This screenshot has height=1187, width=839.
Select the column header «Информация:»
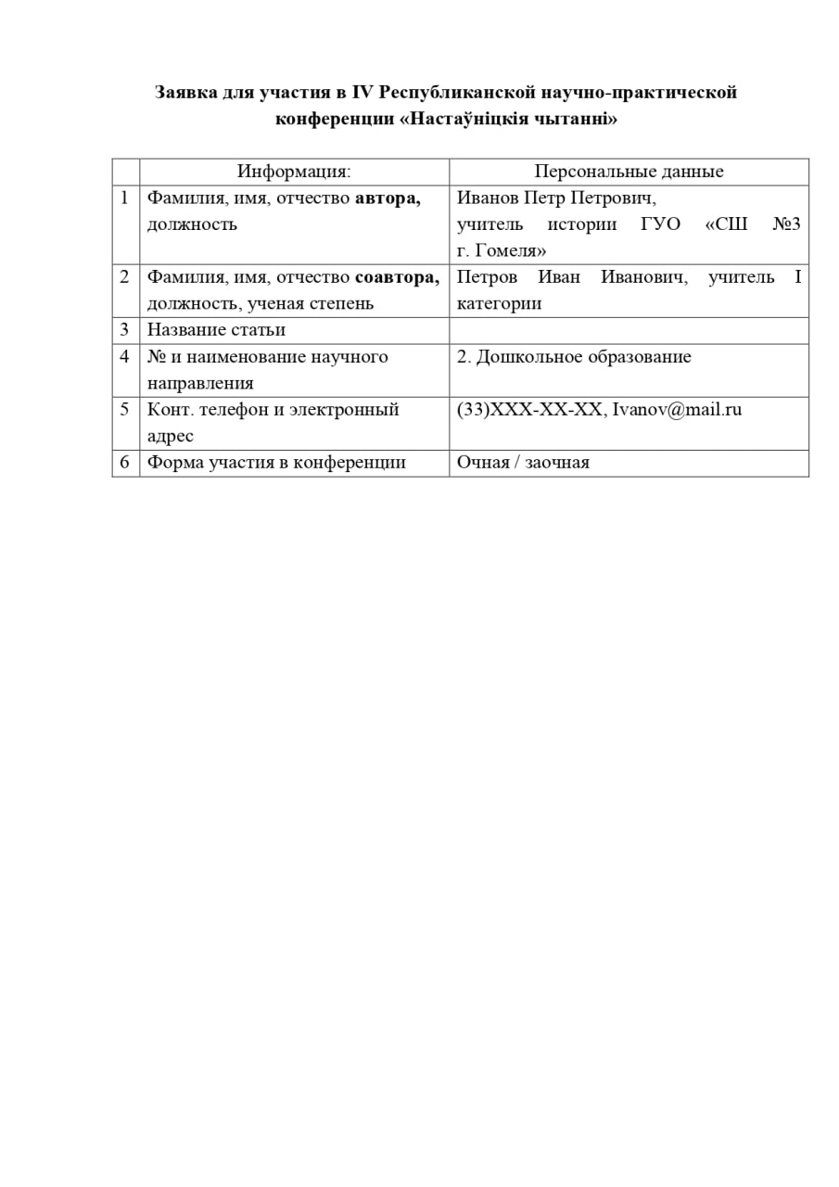point(294,172)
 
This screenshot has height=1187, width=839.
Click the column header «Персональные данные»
point(629,172)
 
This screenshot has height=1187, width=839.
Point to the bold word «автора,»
point(388,198)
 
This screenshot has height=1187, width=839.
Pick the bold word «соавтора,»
point(397,277)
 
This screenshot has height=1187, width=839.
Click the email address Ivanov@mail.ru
point(678,410)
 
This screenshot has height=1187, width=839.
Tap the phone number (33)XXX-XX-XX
point(529,410)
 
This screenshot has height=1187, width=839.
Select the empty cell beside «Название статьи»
point(629,331)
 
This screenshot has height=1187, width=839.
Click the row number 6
point(124,463)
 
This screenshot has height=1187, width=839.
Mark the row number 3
point(124,330)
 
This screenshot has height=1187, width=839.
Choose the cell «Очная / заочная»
point(523,463)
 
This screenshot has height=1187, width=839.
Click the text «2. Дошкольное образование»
point(574,357)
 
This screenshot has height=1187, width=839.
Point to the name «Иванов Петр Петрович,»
point(556,198)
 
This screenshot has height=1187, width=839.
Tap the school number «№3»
point(786,224)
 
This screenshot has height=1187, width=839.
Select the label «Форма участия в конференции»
point(276,463)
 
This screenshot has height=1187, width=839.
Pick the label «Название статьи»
point(216,330)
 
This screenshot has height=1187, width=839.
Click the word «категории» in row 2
point(499,303)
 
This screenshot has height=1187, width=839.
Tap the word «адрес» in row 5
point(170,436)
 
